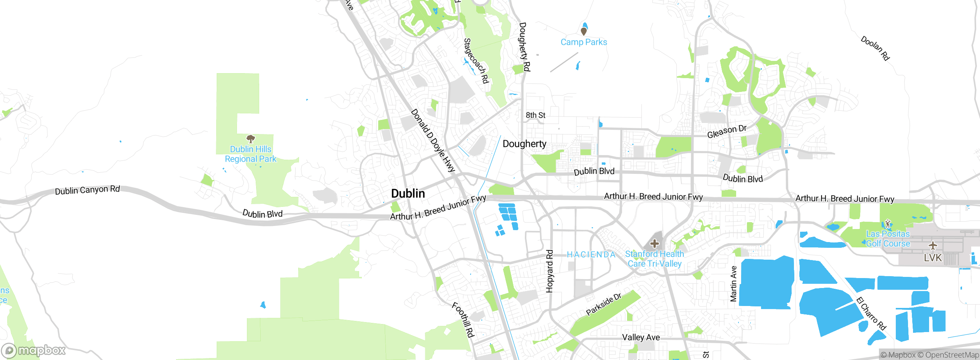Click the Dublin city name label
408,193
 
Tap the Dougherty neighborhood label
524,144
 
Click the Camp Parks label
583,42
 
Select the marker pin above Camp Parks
583,31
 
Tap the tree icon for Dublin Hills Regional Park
251,139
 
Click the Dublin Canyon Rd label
87,190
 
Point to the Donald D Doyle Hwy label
433,141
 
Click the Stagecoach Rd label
476,61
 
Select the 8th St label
535,115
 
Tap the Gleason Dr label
727,131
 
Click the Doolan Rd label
875,48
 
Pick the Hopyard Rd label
550,271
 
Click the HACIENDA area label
591,255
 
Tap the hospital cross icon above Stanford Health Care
654,244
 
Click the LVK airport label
933,258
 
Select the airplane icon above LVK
933,245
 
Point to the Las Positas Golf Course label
888,239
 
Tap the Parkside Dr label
604,304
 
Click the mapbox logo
34,350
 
